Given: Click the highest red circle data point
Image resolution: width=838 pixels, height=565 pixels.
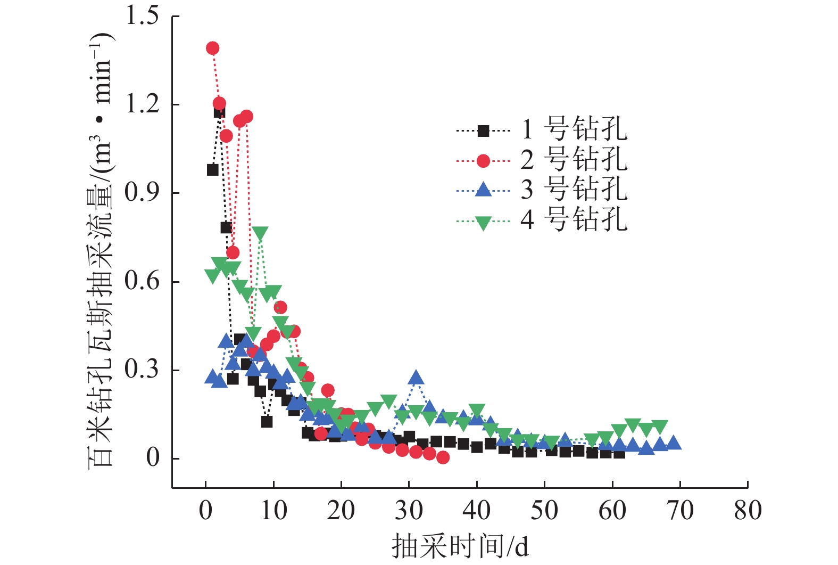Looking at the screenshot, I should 212,48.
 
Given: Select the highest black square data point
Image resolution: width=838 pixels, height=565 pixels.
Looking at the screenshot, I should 219,112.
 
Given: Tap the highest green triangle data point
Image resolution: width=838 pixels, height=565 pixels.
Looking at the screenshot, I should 260,233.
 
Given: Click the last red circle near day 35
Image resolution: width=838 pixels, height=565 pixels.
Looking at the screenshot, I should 443,457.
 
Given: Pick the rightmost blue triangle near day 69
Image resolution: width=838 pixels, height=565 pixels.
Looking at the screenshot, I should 674,443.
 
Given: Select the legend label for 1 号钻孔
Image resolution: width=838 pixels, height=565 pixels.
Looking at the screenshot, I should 574,129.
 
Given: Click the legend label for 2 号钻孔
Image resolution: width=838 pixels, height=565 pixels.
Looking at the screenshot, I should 574,159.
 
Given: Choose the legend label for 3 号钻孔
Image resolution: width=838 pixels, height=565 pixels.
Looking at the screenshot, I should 574,189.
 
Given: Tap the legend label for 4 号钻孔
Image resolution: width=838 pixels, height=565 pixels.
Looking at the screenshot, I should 574,219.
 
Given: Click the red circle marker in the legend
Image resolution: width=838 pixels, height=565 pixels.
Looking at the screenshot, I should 483,160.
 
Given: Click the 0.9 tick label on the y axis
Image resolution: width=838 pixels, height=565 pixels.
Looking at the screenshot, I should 142,192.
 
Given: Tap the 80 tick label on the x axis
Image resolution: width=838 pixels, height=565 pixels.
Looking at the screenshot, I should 748,510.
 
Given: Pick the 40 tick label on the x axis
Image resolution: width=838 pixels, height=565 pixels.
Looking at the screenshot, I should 476,510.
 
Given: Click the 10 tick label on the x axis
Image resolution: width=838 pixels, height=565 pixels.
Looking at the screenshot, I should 273,510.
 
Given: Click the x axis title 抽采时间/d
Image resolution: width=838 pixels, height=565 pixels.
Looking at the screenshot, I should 460,546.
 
